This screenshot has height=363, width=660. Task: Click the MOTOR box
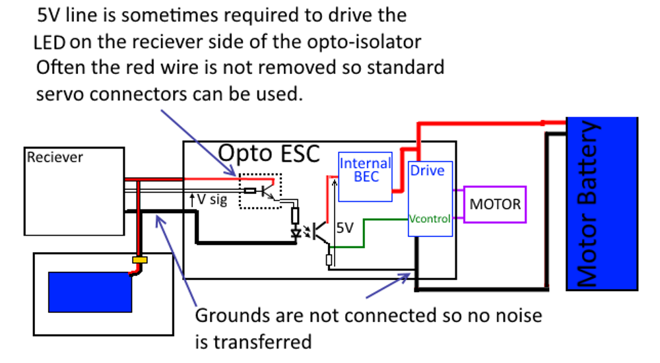495,204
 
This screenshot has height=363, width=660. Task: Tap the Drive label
427,170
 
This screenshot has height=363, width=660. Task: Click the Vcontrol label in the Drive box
430,218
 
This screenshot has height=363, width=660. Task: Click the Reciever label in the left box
55,157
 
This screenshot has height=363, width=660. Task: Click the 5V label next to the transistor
345,228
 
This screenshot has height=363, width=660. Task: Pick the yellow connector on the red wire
139,260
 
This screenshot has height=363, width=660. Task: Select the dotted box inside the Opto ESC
261,191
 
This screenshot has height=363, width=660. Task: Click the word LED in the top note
50,43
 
